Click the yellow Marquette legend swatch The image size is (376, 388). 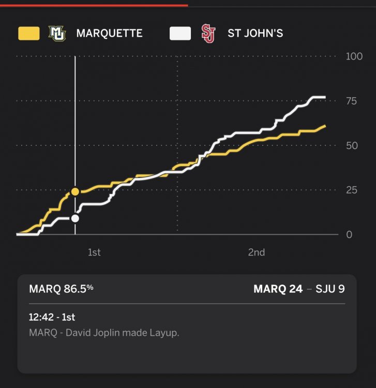coord(28,34)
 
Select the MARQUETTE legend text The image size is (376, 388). coord(109,34)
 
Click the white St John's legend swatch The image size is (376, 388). coord(180,34)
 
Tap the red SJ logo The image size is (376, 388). coord(208,34)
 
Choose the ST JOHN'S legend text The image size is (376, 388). coord(255,34)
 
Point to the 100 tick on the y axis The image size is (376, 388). coord(354,56)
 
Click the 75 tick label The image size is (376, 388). coord(351,101)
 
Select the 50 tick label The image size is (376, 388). coord(352,145)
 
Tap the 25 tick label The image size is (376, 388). coord(351,190)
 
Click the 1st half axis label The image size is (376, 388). coord(94,252)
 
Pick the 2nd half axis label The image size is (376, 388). coord(256,252)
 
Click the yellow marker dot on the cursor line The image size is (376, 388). coord(75,192)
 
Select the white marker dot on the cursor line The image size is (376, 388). coord(75,218)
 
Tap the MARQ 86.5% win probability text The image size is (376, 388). coord(62,289)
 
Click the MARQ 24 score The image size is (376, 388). coord(278,289)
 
